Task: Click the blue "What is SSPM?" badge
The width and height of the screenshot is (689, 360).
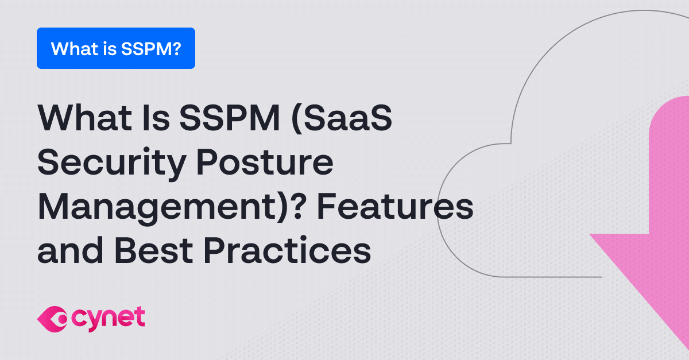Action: [116, 48]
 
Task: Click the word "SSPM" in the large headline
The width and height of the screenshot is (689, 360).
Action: [230, 118]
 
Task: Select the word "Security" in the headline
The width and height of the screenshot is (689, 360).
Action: [111, 163]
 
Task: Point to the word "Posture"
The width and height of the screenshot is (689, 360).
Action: [265, 162]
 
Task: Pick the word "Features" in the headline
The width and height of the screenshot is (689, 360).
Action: [395, 206]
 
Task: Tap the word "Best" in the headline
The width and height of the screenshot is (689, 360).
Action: [154, 250]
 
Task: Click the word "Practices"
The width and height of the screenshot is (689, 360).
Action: [287, 250]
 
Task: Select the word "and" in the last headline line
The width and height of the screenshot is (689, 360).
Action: [70, 250]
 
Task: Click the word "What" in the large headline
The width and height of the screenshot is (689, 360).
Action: [85, 118]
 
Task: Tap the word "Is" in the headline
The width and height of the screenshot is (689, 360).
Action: [156, 118]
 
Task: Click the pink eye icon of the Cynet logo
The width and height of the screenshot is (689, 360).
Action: [52, 319]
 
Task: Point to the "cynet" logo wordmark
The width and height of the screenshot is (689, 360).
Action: [108, 319]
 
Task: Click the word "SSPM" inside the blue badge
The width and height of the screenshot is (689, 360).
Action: [145, 49]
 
